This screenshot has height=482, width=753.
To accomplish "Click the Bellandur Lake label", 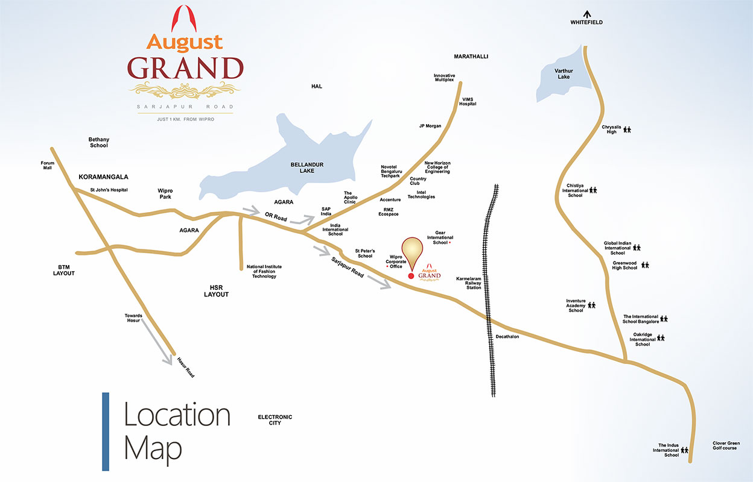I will pos(307,167).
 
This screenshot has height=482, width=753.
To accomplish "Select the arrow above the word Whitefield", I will pos(586,13).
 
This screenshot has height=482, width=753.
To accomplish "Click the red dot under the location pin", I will pos(411,276).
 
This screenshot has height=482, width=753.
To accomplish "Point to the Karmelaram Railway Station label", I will pos(469,283).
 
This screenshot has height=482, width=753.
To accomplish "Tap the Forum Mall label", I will pos(47,165).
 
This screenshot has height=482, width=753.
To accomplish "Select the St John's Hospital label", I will pos(109,190).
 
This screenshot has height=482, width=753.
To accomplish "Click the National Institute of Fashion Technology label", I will pos(264,271).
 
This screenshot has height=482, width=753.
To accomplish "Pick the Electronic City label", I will pos(275,420).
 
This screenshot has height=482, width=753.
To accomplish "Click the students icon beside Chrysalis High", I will pos(627,130).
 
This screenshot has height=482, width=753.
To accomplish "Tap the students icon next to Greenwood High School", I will pos(645,264).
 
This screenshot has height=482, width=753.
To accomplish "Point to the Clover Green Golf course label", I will pos(725,445).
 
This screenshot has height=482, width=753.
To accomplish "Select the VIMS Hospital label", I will pos(468,101).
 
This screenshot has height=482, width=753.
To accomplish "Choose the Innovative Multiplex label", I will pos(444,78).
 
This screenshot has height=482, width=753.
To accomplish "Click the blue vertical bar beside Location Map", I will pos(106,431).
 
